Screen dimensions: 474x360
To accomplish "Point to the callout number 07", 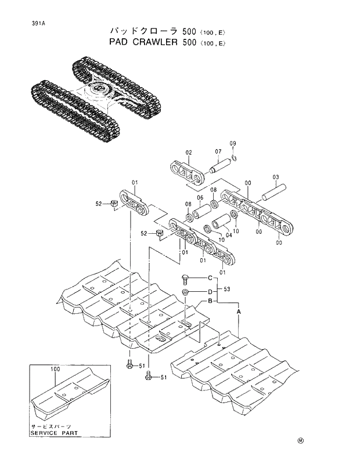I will click(218, 152).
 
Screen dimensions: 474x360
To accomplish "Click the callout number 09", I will click(233, 143).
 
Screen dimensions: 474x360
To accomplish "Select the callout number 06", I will click(199, 198).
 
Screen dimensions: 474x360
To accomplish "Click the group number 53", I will click(227, 289).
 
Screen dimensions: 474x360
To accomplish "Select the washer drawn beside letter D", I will click(185, 291).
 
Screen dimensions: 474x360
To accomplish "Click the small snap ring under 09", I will click(233, 157).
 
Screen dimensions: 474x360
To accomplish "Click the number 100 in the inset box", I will click(55, 369).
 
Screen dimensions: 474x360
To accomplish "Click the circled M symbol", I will click(301, 440).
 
